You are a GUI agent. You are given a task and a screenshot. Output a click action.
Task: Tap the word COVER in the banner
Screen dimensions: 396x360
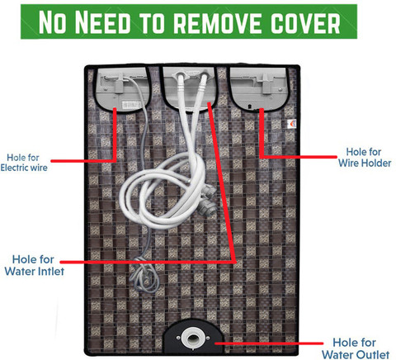(305, 23)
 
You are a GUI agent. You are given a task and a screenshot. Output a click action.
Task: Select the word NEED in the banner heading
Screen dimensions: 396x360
(103, 22)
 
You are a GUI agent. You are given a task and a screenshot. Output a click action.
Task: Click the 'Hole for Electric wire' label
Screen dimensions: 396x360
(24, 163)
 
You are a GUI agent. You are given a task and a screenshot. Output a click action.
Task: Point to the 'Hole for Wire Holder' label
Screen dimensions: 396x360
(365, 158)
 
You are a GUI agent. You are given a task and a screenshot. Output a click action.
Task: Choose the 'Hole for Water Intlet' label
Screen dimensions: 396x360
(35, 265)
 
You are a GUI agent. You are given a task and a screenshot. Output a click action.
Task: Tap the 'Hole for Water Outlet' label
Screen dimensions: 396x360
(356, 348)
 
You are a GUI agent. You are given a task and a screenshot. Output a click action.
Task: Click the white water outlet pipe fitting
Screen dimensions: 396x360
(193, 338)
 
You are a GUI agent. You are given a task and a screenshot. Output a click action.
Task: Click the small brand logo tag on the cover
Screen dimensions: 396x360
(292, 124)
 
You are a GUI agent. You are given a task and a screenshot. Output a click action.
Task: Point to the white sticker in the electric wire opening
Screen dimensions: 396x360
(131, 105)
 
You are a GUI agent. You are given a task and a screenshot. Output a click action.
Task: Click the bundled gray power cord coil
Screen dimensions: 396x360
(145, 274)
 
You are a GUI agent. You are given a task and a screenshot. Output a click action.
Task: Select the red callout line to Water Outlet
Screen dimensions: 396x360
(269, 343)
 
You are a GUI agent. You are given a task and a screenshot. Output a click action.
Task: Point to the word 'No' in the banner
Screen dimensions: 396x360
(52, 22)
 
